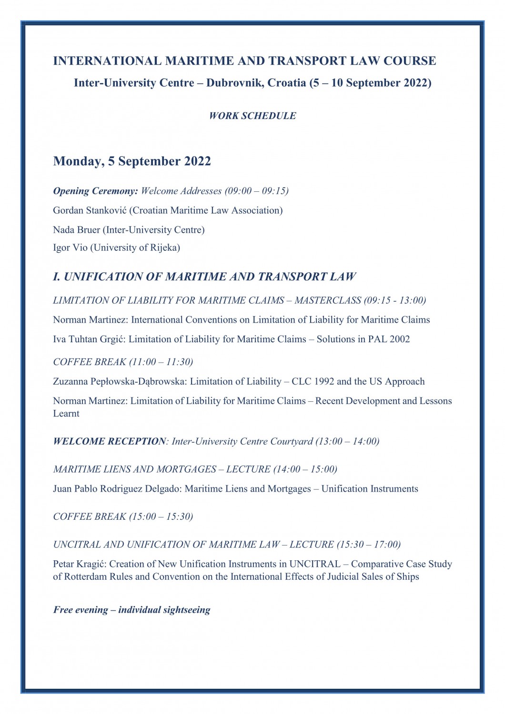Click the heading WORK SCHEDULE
pyautogui.click(x=252, y=116)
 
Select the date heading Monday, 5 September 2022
pyautogui.click(x=132, y=161)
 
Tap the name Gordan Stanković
pyautogui.click(x=90, y=210)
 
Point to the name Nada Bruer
pyautogui.click(x=76, y=230)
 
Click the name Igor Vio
pyautogui.click(x=70, y=248)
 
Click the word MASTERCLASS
pyautogui.click(x=328, y=300)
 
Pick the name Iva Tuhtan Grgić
pyautogui.click(x=89, y=339)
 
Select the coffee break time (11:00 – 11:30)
pyautogui.click(x=161, y=362)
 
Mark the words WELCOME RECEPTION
pyautogui.click(x=110, y=441)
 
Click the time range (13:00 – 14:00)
pyautogui.click(x=347, y=441)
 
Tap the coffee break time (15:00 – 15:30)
pyautogui.click(x=161, y=517)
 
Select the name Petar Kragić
pyautogui.click(x=79, y=565)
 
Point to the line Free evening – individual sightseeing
pyautogui.click(x=131, y=610)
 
